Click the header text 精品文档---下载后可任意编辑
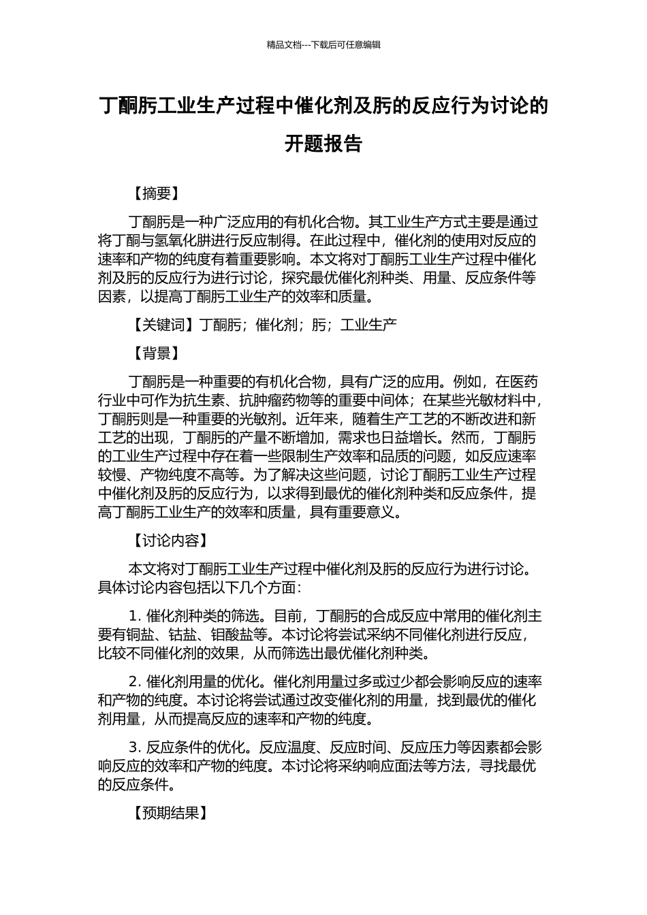pyautogui.click(x=323, y=45)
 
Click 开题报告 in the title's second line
pyautogui.click(x=323, y=144)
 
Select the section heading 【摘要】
pyautogui.click(x=156, y=194)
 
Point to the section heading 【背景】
pyautogui.click(x=156, y=353)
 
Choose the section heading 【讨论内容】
pyautogui.click(x=170, y=541)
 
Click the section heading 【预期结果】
pyautogui.click(x=170, y=813)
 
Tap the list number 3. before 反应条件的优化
pyautogui.click(x=134, y=748)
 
